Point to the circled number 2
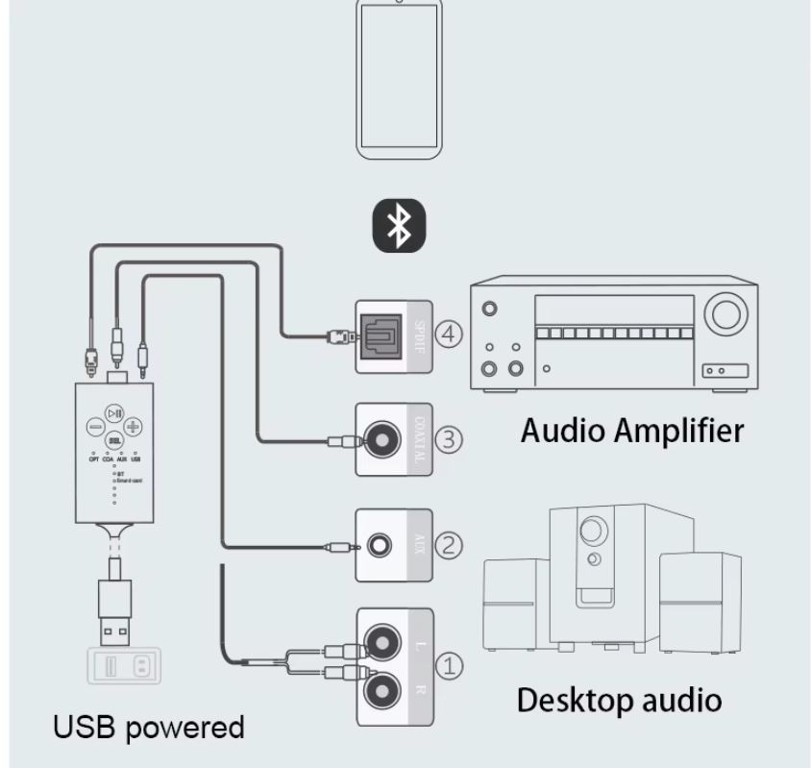[449, 545]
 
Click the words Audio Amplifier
[631, 430]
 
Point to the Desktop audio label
[618, 699]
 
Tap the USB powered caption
[148, 727]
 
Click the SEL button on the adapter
[114, 438]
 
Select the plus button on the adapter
[134, 426]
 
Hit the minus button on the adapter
[95, 426]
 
